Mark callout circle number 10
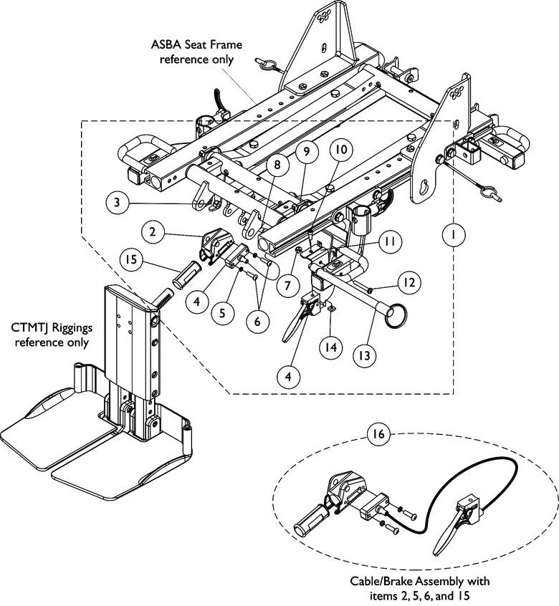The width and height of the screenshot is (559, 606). coord(340,149)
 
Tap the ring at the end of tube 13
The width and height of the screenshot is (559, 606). coord(395,315)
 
